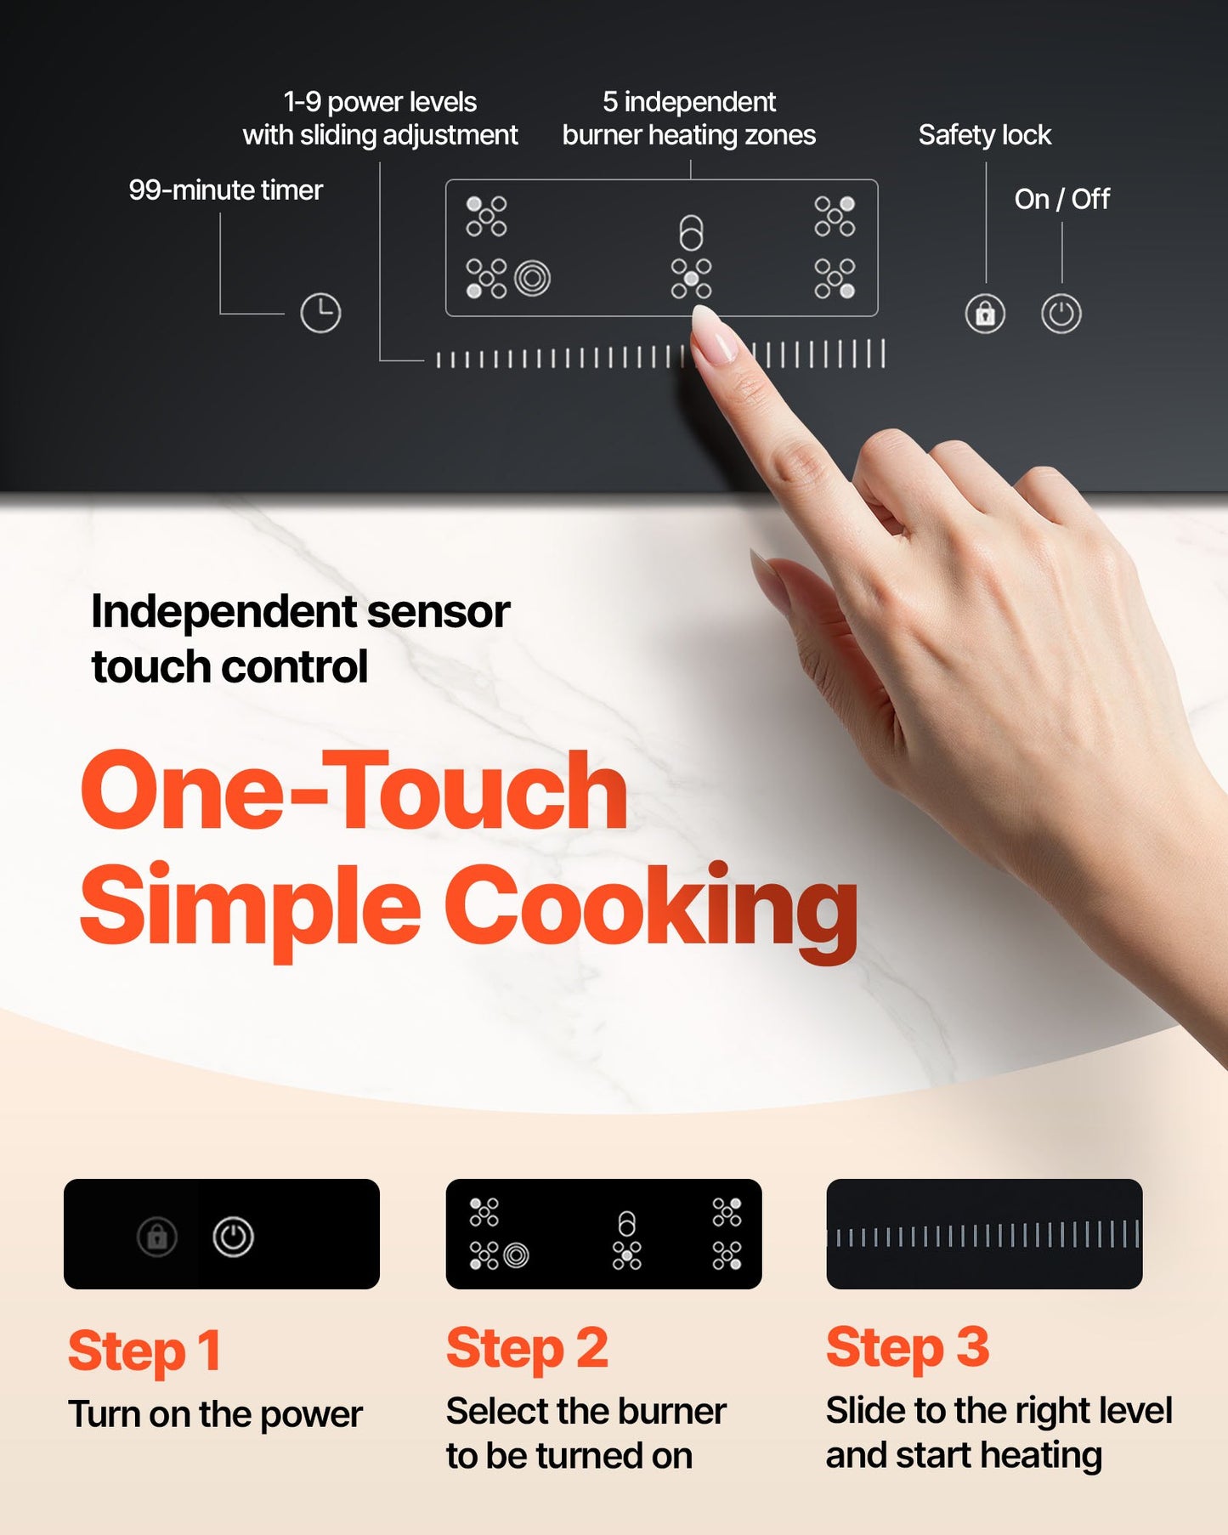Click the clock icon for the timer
click(x=320, y=314)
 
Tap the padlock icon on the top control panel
click(x=985, y=314)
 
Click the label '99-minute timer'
click(x=225, y=190)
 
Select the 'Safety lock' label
click(x=984, y=134)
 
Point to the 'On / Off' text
click(x=1061, y=199)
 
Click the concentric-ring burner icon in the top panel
click(x=533, y=278)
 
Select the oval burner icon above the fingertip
click(x=691, y=232)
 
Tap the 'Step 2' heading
click(x=527, y=1348)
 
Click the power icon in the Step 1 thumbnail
click(x=233, y=1237)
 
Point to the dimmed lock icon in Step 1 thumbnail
click(x=157, y=1237)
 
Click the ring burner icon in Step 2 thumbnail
click(x=516, y=1255)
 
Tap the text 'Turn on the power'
click(x=215, y=1414)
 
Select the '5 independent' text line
click(x=688, y=102)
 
